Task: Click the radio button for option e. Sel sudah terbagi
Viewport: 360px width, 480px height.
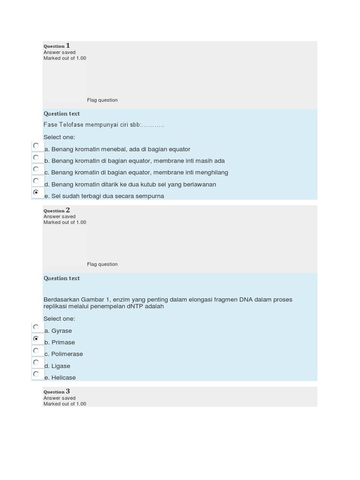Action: coord(36,192)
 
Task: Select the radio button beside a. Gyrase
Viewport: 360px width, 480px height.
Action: coord(36,327)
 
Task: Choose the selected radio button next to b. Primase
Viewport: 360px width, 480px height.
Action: coord(36,338)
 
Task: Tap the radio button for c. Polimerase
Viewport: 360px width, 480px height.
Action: coord(36,350)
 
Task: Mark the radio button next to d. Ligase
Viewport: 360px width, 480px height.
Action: coord(36,362)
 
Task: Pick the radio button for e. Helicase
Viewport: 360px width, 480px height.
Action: coord(36,374)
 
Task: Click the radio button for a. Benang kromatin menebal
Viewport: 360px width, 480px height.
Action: coord(36,145)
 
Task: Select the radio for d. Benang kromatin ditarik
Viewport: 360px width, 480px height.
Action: coord(36,180)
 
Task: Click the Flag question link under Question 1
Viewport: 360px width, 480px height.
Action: coord(102,100)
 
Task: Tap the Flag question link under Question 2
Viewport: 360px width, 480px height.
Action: coord(102,264)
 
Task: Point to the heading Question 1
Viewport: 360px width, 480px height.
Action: coord(57,45)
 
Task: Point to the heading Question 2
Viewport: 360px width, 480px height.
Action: coord(57,210)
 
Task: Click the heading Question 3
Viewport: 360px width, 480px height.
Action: coord(57,391)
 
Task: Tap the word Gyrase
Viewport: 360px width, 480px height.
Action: coord(61,330)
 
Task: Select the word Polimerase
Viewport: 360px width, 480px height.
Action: coord(67,354)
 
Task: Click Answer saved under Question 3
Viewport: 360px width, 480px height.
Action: coord(60,398)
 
